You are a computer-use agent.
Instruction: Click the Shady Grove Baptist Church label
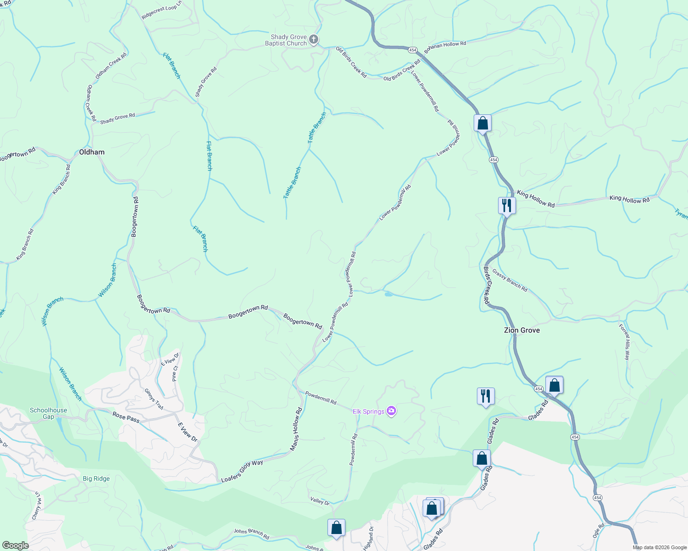coord(286,40)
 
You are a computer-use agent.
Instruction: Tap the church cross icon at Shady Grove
coord(314,39)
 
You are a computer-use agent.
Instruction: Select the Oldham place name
coord(92,152)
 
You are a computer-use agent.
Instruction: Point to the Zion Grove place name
coord(522,330)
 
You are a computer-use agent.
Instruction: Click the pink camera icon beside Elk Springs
coord(391,411)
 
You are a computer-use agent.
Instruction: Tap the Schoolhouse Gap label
coord(48,413)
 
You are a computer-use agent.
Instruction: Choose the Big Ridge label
coord(96,478)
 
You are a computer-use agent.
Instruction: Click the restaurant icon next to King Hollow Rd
coord(507,205)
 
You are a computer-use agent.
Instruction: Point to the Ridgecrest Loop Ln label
coord(162,12)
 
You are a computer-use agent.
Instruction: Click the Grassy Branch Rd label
coord(510,280)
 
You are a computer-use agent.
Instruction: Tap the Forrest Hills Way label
coord(624,342)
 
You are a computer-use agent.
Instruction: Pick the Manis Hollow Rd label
coord(296,429)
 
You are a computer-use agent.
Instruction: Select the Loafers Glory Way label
coord(242,471)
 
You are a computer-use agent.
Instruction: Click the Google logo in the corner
coord(15,545)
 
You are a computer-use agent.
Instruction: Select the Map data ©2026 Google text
coord(659,547)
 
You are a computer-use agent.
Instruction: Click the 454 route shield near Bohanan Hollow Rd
coord(413,50)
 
